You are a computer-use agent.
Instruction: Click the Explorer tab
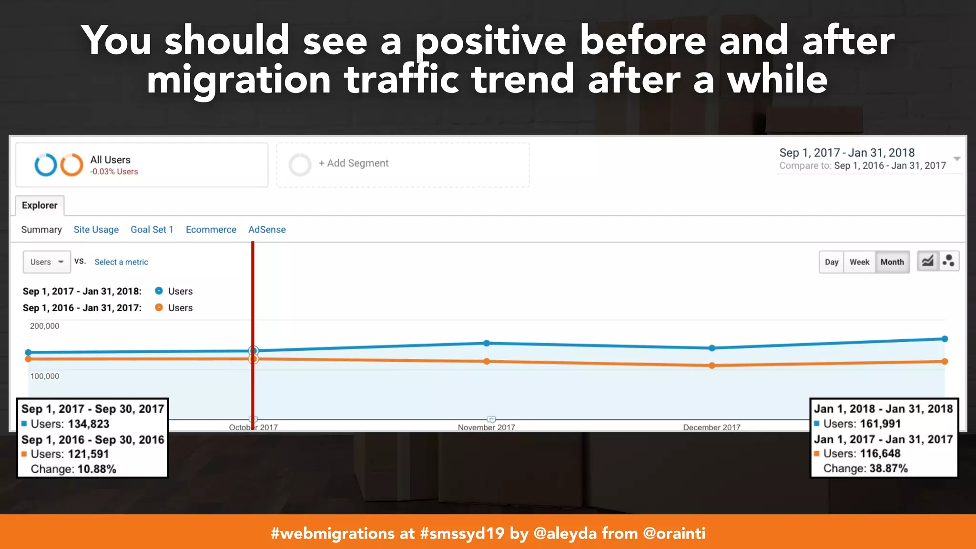(x=40, y=205)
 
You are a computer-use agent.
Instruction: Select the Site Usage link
(x=96, y=230)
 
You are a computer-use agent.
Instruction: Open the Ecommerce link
(x=211, y=230)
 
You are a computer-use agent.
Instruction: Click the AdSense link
(x=267, y=230)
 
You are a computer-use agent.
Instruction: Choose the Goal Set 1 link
(x=152, y=230)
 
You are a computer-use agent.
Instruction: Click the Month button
(x=892, y=262)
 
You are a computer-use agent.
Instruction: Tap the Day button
(x=831, y=262)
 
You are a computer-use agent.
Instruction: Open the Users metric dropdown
(x=47, y=262)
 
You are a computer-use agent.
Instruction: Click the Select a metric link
(x=121, y=262)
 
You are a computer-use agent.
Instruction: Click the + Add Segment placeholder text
(x=354, y=163)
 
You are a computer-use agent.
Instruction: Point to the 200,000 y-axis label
(x=44, y=326)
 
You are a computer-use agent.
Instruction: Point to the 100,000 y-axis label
(x=44, y=376)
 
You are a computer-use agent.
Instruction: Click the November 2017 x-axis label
(x=486, y=427)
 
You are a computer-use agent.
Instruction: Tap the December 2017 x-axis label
(x=712, y=427)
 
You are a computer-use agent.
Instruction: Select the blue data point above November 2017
(x=487, y=343)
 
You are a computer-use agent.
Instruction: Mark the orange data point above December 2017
(x=712, y=366)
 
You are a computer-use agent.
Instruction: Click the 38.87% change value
(x=888, y=468)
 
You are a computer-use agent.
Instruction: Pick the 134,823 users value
(x=89, y=424)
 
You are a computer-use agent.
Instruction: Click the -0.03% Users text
(x=114, y=172)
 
